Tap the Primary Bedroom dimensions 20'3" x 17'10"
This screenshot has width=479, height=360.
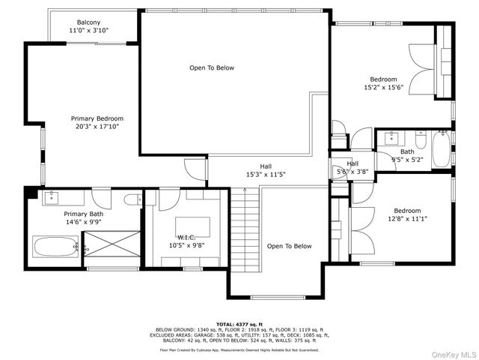97,127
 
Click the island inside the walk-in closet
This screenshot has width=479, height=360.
192,226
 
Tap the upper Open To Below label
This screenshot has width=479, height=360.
211,68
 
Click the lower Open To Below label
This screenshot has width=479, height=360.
289,246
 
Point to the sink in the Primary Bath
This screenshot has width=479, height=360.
52,197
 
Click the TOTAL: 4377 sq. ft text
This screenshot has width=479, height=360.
239,322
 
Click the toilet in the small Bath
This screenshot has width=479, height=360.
421,140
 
